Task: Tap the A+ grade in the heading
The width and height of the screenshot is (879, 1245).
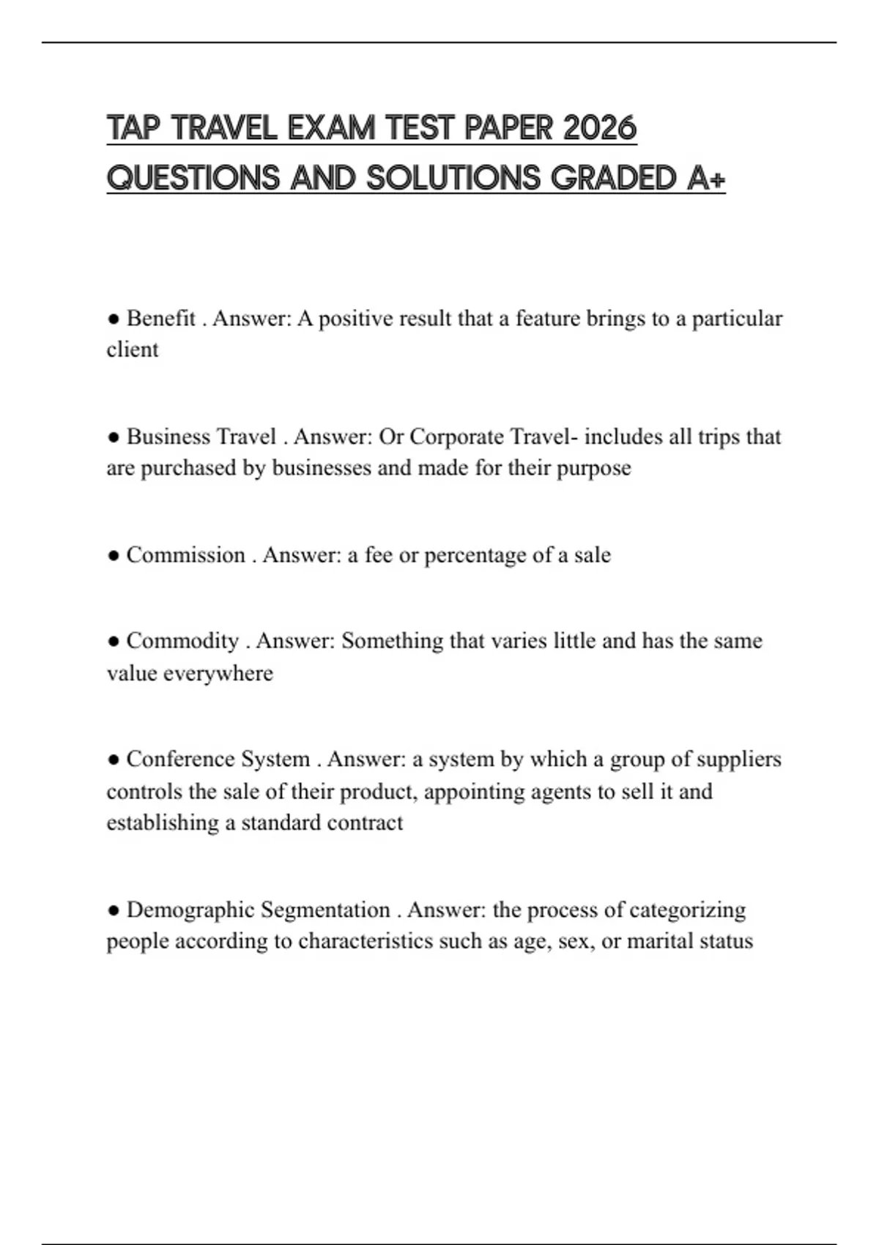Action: tap(707, 178)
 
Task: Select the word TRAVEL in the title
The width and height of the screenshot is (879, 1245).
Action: tap(224, 128)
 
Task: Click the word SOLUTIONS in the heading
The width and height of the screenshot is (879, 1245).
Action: tap(453, 178)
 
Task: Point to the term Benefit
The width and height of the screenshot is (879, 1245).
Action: tap(161, 319)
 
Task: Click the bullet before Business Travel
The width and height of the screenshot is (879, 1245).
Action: tap(114, 437)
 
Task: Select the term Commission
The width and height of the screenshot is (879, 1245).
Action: tap(185, 555)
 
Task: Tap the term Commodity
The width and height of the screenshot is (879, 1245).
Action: tap(182, 641)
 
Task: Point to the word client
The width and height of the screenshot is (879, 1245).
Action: tap(133, 350)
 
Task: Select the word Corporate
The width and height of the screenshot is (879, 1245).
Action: tap(456, 436)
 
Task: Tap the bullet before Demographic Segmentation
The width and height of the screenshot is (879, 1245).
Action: tap(114, 910)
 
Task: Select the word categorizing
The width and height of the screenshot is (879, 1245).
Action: tap(687, 910)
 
